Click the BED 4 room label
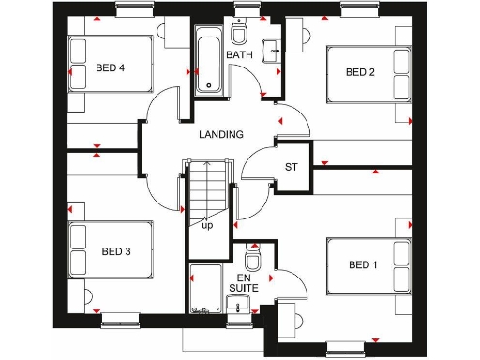pos(110,68)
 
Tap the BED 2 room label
pos(360,72)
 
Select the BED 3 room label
pos(116,251)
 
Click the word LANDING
pos(221,134)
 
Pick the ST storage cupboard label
pos(292,168)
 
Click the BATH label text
pos(240,55)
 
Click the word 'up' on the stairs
pos(207,226)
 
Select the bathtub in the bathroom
pos(208,61)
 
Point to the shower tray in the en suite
pos(204,288)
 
